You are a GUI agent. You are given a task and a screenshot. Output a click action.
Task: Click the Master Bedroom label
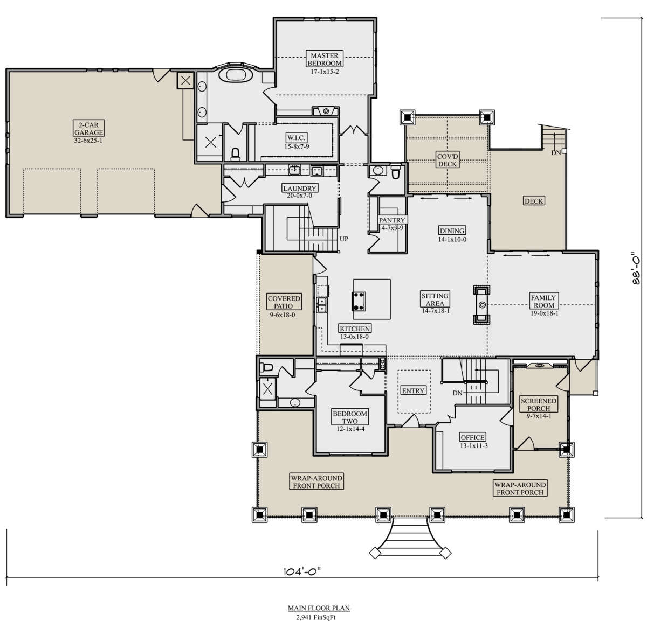click(324, 59)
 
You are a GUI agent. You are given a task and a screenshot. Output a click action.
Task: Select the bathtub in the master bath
click(236, 75)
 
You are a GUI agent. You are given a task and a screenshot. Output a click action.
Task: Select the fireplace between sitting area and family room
click(481, 305)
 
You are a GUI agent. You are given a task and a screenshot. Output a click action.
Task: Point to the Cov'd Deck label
click(447, 160)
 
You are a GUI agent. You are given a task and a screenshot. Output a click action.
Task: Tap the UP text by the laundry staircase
click(343, 239)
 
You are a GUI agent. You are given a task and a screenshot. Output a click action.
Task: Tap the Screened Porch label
click(538, 404)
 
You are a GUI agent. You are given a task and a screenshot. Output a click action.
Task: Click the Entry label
click(414, 390)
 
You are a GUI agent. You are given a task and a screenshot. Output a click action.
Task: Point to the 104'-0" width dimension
click(304, 570)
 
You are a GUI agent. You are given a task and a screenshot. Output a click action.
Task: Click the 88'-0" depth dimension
click(636, 269)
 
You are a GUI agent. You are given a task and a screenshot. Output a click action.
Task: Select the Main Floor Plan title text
click(319, 608)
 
